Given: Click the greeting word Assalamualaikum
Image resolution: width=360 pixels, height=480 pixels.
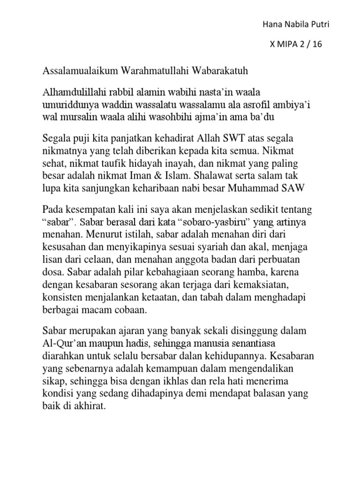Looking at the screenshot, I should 81,71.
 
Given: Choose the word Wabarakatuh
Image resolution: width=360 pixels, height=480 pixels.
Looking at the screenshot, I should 220,71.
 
